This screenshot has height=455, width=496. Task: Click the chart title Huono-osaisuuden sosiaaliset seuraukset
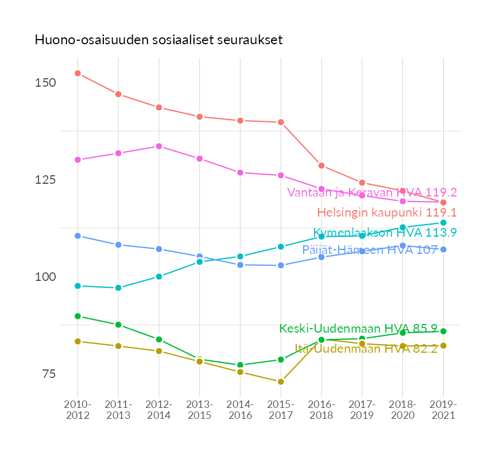(158, 40)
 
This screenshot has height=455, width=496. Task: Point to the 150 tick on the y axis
(45, 83)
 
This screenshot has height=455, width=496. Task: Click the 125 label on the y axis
(45, 180)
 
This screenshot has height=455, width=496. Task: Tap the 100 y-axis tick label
(45, 277)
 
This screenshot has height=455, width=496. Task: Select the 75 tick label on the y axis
(48, 374)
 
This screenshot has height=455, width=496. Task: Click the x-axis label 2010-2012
(78, 410)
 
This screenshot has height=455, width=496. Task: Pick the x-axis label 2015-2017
(281, 410)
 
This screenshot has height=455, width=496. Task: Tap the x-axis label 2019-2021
(443, 410)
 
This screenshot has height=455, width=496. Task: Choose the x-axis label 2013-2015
(200, 410)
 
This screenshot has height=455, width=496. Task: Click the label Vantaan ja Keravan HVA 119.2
(372, 192)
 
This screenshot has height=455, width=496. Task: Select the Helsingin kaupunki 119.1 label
(387, 213)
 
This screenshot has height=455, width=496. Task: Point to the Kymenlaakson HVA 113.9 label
(385, 233)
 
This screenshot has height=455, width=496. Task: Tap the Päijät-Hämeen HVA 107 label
(370, 251)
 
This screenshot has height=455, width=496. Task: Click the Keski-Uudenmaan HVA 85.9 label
(358, 329)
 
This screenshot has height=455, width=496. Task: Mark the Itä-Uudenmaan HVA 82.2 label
(366, 348)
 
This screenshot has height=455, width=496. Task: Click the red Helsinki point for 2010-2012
(77, 74)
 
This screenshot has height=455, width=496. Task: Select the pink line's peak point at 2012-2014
(159, 146)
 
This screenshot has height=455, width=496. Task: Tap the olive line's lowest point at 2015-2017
(281, 381)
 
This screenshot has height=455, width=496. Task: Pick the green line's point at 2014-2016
(240, 365)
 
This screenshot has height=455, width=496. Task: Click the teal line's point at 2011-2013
(118, 288)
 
